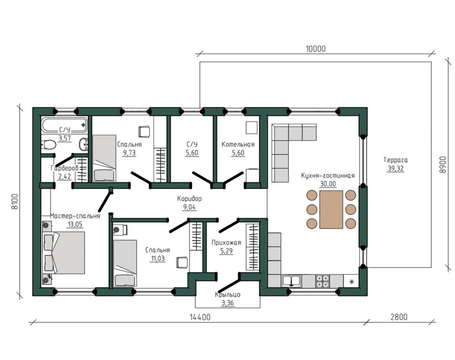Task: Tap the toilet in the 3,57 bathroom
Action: coord(49,144)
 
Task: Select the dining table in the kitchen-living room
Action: coord(331,209)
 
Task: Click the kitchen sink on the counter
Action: coord(291,280)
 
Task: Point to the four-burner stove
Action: coord(323,280)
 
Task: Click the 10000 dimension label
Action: coord(316,49)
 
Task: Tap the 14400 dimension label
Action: coord(200,317)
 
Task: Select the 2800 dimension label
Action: coord(399,317)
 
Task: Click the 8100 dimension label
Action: coord(15,201)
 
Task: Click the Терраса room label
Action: coord(395,160)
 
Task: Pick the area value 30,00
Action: coord(328,184)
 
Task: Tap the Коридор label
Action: coord(189,199)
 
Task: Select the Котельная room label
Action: coord(238,145)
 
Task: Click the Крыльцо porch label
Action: coord(228,295)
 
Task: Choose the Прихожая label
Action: coord(226,243)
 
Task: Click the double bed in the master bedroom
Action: coord(64,253)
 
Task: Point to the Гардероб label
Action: coord(65,168)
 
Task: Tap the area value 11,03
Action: coord(157,258)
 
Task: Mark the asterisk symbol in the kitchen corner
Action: coord(352,281)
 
